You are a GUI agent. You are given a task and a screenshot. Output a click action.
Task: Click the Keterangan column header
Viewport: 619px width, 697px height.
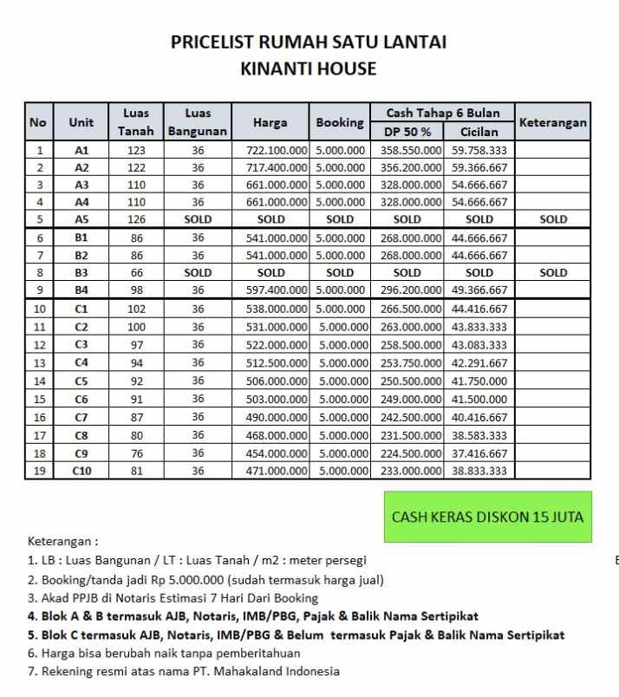coord(552,123)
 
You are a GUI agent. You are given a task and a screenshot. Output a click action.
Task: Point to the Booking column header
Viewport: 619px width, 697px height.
coord(340,123)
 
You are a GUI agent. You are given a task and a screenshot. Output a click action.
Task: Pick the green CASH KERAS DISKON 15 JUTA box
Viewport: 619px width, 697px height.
coord(487,517)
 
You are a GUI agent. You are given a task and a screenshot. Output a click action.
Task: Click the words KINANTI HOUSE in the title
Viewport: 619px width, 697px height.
coord(309,69)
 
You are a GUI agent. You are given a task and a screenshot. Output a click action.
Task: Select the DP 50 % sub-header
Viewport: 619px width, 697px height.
coord(407,133)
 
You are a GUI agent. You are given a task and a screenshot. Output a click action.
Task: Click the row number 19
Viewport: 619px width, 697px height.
coord(38,472)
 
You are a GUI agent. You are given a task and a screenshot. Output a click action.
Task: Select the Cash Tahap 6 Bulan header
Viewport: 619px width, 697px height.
coord(442,114)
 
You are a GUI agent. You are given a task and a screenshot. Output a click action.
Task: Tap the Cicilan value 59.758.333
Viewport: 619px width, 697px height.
coord(479,151)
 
